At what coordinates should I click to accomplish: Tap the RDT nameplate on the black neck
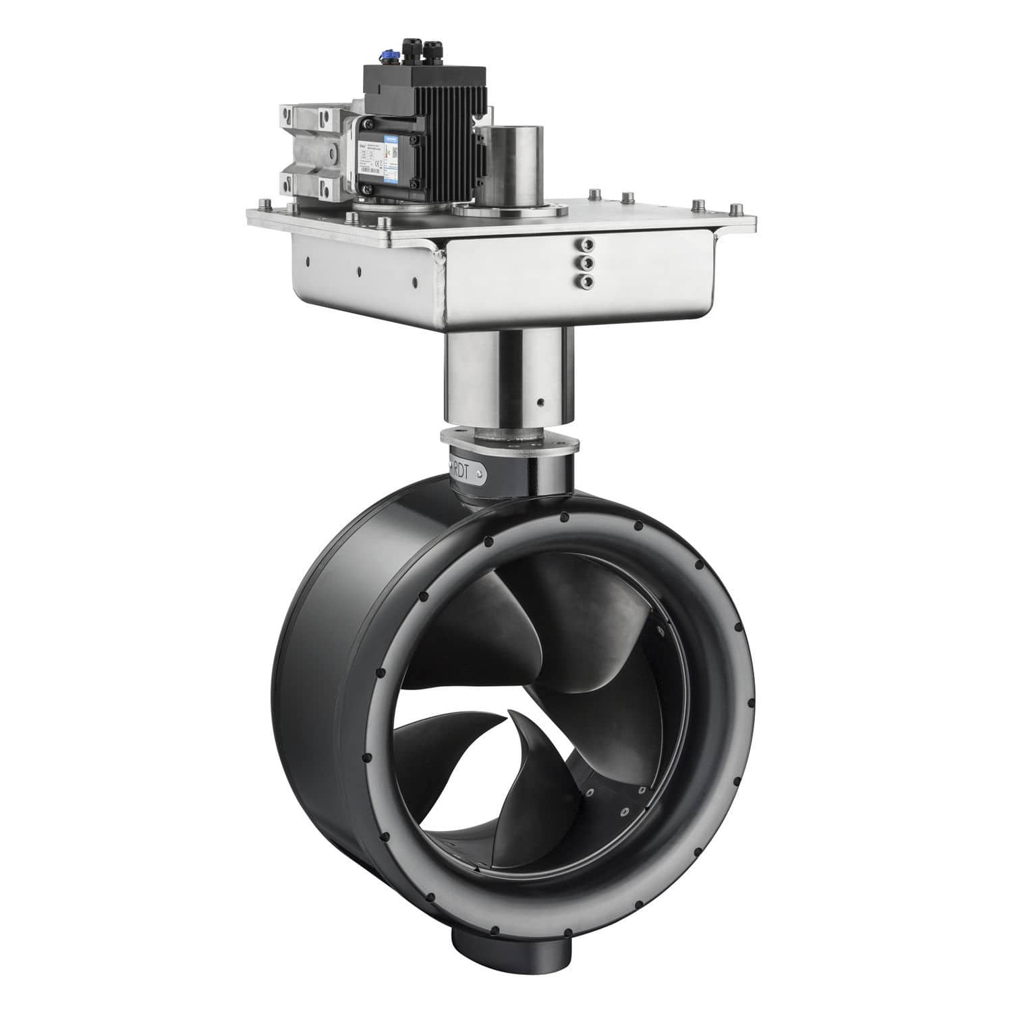pos(472,470)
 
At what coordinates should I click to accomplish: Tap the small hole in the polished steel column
pos(540,403)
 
